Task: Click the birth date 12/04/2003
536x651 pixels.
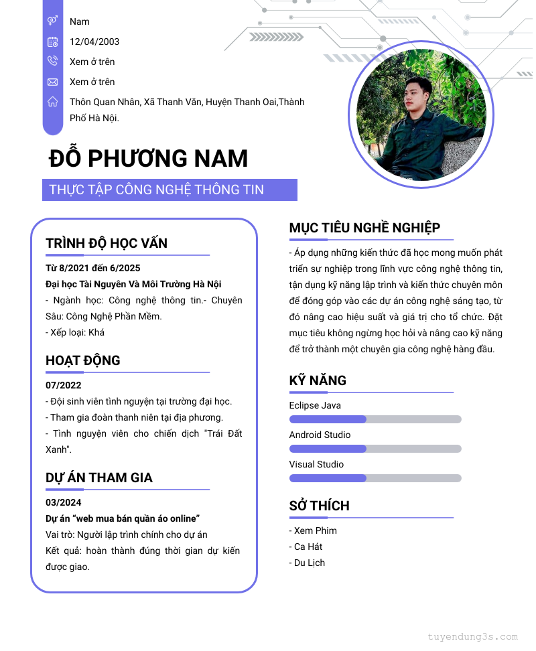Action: (x=94, y=42)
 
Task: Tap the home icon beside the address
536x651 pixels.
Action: (x=52, y=102)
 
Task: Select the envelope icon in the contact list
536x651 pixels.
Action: (x=52, y=82)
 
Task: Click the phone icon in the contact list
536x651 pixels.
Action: (x=52, y=62)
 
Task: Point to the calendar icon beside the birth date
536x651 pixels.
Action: (x=52, y=42)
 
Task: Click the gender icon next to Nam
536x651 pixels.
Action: (x=52, y=21)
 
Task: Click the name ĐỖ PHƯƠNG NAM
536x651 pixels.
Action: (x=148, y=159)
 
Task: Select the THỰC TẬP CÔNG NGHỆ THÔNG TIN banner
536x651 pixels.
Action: (x=170, y=190)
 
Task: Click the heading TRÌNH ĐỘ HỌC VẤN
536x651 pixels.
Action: (x=107, y=243)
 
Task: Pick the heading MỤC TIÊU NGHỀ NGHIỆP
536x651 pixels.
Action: (x=364, y=228)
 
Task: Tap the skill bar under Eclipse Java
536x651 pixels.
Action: (x=375, y=419)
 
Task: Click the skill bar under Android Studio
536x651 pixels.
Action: (x=375, y=449)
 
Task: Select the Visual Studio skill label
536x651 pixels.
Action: (x=316, y=464)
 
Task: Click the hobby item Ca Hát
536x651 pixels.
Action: (x=308, y=547)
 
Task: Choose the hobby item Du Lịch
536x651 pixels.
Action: (x=309, y=563)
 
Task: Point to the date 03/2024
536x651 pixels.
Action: (x=64, y=502)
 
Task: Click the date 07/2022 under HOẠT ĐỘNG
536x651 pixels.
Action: (x=64, y=385)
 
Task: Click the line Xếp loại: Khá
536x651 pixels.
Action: (x=75, y=332)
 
